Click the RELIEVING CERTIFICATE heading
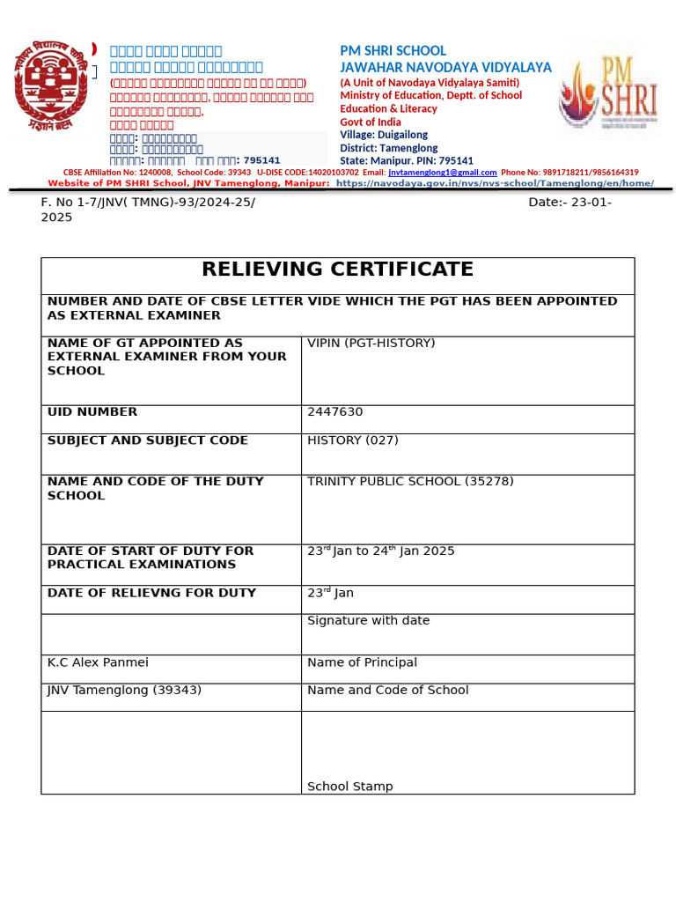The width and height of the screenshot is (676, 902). [337, 270]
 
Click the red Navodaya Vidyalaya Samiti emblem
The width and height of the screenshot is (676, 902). [50, 85]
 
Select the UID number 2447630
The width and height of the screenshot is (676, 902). [334, 412]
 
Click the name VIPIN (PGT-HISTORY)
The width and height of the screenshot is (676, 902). [371, 343]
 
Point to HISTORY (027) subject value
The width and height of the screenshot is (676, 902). [352, 440]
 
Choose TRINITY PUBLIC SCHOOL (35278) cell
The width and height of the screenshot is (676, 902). [410, 482]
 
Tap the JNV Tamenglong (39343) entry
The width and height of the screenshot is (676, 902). [124, 691]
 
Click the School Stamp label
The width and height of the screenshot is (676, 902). [349, 787]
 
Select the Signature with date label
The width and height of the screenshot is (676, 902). [368, 621]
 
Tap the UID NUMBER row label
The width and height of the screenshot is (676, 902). [92, 412]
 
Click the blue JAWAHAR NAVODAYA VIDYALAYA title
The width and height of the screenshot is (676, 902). [445, 68]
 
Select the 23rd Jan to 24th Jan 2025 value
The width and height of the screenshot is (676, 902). [380, 551]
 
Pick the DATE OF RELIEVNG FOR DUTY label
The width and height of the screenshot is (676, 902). [151, 593]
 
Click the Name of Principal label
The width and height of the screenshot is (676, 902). [362, 662]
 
